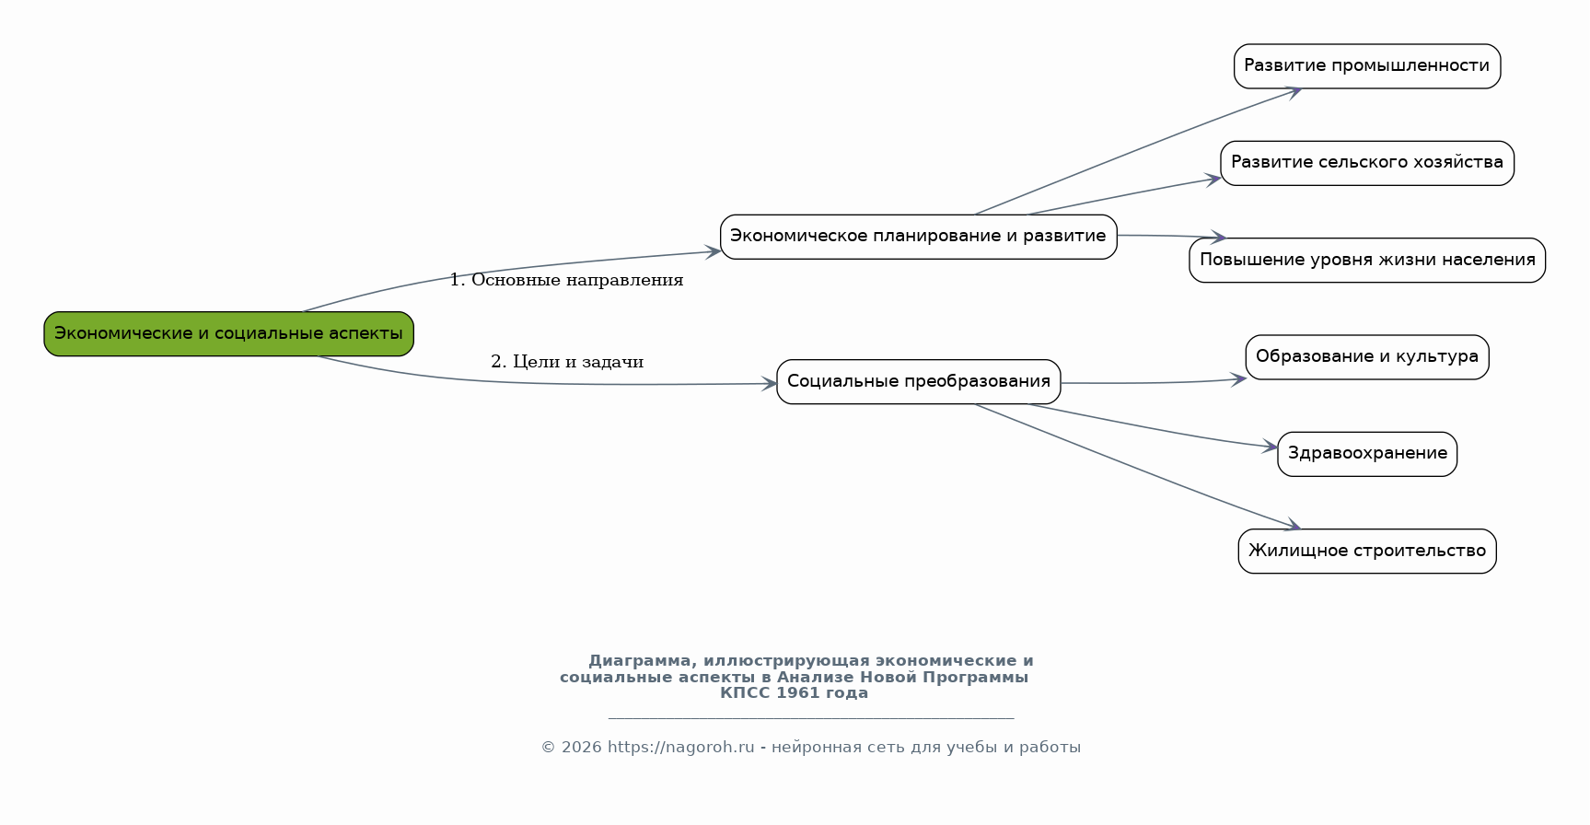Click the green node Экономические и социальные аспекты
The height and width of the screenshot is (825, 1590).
228,333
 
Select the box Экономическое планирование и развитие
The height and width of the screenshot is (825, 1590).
919,237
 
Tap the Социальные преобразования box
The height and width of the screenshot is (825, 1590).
919,381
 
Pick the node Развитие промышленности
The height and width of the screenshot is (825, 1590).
1367,66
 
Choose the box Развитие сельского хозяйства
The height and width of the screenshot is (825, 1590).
1367,163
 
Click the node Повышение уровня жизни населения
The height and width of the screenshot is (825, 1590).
1367,261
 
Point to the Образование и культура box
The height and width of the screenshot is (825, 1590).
1367,357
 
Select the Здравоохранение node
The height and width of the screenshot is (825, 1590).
1367,454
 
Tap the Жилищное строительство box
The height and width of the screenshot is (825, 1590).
1367,552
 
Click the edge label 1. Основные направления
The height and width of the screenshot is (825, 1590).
566,280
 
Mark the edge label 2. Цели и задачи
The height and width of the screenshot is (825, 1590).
567,362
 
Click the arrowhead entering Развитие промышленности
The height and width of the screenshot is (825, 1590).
1293,91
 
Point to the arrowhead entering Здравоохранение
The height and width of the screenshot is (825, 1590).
1270,447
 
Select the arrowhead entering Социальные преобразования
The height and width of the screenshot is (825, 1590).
769,384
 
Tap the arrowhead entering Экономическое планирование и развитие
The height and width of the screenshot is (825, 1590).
712,250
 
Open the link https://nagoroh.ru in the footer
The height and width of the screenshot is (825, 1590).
681,747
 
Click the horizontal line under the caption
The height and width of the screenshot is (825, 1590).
811,718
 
